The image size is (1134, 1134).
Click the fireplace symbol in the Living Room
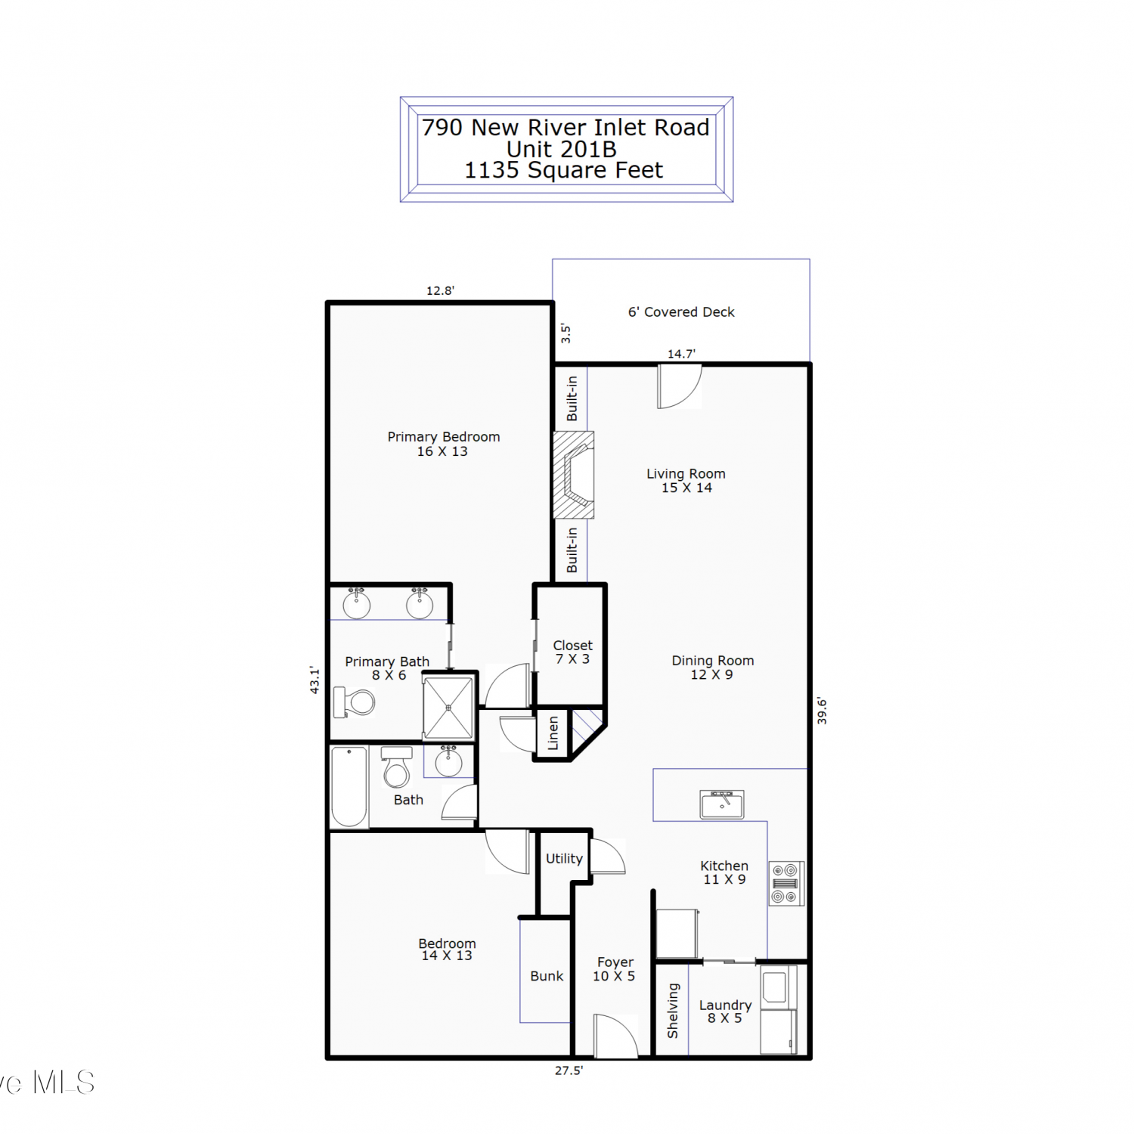pos(574,475)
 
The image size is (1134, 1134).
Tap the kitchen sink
pos(722,804)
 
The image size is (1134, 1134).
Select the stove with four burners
pos(786,883)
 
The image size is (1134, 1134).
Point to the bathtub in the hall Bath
pos(349,787)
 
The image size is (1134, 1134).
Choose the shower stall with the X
pos(448,708)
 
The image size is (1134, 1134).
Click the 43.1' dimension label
pos(314,680)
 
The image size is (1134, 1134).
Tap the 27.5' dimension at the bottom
pos(569,1070)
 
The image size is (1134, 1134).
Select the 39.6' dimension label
pos(822,711)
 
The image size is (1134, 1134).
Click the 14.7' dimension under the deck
pos(681,354)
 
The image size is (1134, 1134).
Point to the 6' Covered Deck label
pos(681,312)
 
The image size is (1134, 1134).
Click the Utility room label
pos(564,859)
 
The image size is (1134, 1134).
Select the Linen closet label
pos(553,733)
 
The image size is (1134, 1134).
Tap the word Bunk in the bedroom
pos(547,976)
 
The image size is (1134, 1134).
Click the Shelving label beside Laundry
pos(673,1011)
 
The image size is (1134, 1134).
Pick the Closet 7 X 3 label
pos(572,652)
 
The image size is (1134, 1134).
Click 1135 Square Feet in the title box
pos(563,170)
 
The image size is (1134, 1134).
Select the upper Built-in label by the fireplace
pos(572,398)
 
